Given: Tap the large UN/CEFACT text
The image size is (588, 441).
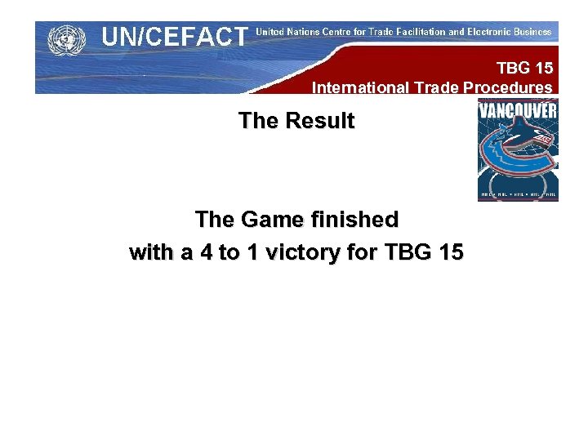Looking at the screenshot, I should tap(173, 37).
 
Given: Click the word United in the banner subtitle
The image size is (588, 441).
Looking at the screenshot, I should tap(271, 32).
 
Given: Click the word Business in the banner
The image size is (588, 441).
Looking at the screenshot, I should tap(532, 32).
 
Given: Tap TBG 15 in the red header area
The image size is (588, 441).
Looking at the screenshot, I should tap(524, 69).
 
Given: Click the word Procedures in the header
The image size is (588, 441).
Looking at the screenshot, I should tap(510, 87).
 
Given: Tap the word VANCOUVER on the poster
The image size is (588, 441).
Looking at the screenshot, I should tap(518, 110).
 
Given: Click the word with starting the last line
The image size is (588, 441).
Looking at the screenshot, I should tap(153, 253).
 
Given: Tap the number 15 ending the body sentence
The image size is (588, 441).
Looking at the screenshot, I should tap(450, 253).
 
